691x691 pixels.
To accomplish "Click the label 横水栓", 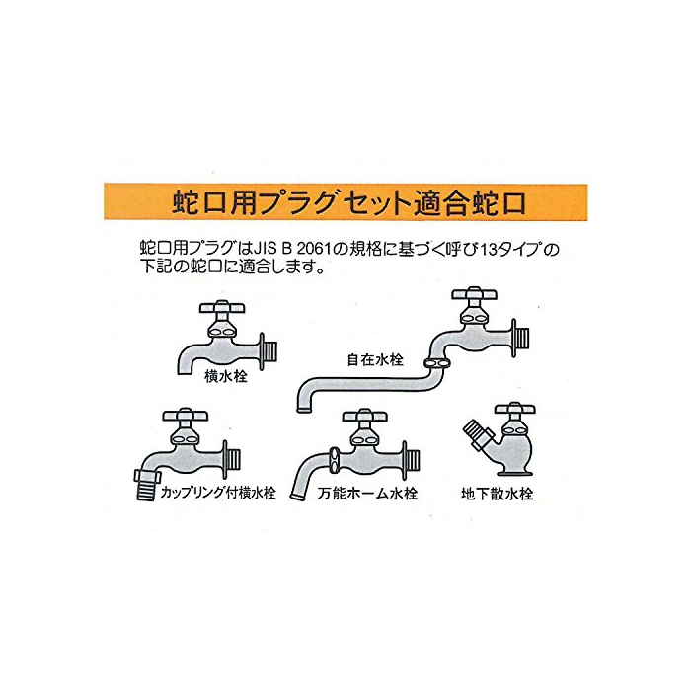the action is (x=226, y=376).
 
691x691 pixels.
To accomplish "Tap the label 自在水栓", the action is (x=375, y=359).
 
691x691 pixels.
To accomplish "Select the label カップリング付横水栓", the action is (x=218, y=492).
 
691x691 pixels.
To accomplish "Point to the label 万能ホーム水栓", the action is (x=367, y=493).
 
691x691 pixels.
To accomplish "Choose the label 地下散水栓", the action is (x=498, y=494).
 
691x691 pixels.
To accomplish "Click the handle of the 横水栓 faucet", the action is (x=221, y=307).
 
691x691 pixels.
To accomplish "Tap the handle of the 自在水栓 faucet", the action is (x=474, y=293).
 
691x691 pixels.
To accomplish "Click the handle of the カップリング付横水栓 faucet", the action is (x=186, y=415).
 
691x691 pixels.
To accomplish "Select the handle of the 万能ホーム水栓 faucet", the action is (x=364, y=416).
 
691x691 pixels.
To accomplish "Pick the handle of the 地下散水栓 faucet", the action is (x=514, y=408).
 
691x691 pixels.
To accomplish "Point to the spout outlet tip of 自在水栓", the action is (x=303, y=410).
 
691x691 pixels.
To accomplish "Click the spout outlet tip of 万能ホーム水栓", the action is (x=296, y=497).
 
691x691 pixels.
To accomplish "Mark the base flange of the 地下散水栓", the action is (x=514, y=473).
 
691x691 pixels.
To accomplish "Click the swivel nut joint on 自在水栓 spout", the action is (x=437, y=363).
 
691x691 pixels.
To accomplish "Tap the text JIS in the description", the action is (x=267, y=249).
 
